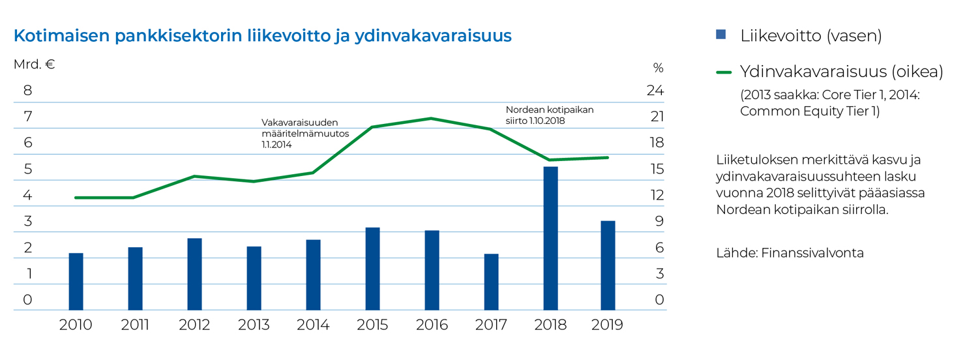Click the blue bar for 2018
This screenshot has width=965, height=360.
point(550,238)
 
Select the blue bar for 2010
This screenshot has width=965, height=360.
point(76,281)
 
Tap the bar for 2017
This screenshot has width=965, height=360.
point(491,282)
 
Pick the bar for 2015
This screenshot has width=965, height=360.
point(372,268)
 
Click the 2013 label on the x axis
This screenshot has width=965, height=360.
point(254,325)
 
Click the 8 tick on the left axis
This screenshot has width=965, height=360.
point(28,91)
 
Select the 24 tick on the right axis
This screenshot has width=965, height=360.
point(654,91)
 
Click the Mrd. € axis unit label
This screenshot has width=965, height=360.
point(34,65)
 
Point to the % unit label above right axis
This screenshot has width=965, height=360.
point(658,68)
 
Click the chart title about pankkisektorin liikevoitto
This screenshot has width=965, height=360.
point(262,36)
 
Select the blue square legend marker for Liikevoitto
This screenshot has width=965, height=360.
point(720,35)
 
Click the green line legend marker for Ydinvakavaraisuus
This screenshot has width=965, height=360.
point(724,72)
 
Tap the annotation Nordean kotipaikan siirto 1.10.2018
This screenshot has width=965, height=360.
point(550,115)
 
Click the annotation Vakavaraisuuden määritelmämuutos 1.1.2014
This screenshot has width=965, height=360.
point(306,133)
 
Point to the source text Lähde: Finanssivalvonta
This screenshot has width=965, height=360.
point(790,253)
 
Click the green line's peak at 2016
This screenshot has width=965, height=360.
point(431,118)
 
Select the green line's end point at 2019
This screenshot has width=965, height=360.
point(608,157)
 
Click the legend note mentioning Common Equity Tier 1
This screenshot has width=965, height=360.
point(829,103)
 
